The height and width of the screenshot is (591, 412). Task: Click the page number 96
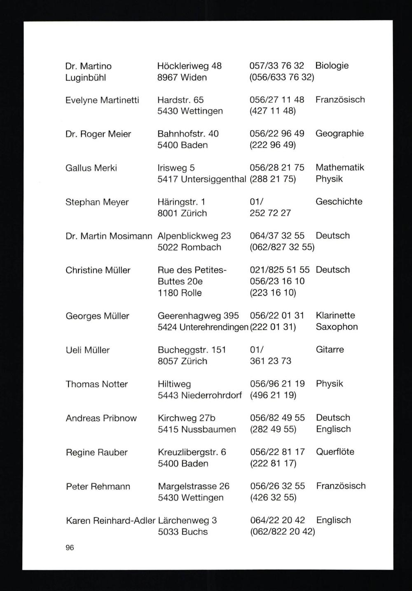[x=70, y=548]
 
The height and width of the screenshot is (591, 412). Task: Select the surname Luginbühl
[x=86, y=77]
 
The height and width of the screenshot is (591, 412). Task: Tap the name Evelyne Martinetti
[x=102, y=100]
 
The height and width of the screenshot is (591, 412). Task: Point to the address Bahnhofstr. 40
[x=188, y=134]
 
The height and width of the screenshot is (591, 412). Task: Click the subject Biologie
[x=332, y=66]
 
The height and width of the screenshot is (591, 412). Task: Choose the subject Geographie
[x=339, y=134]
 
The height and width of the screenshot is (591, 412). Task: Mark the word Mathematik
[x=340, y=168]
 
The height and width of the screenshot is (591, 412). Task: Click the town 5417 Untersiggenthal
[x=202, y=179]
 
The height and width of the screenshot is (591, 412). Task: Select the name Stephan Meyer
[x=97, y=202]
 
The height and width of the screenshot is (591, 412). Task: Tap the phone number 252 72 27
[x=270, y=213]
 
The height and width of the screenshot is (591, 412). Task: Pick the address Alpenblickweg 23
[x=194, y=236]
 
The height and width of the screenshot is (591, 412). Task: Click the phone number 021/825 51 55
[x=280, y=270]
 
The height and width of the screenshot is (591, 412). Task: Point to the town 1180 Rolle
[x=180, y=293]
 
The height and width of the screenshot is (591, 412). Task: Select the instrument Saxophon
[x=337, y=327]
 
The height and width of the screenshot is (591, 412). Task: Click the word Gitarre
[x=330, y=349]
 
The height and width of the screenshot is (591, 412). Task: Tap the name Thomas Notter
[x=97, y=384]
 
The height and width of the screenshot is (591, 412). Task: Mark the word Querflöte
[x=335, y=452]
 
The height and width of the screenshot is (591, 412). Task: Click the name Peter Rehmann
[x=98, y=487]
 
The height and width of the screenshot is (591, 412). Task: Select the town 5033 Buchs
[x=183, y=532]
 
